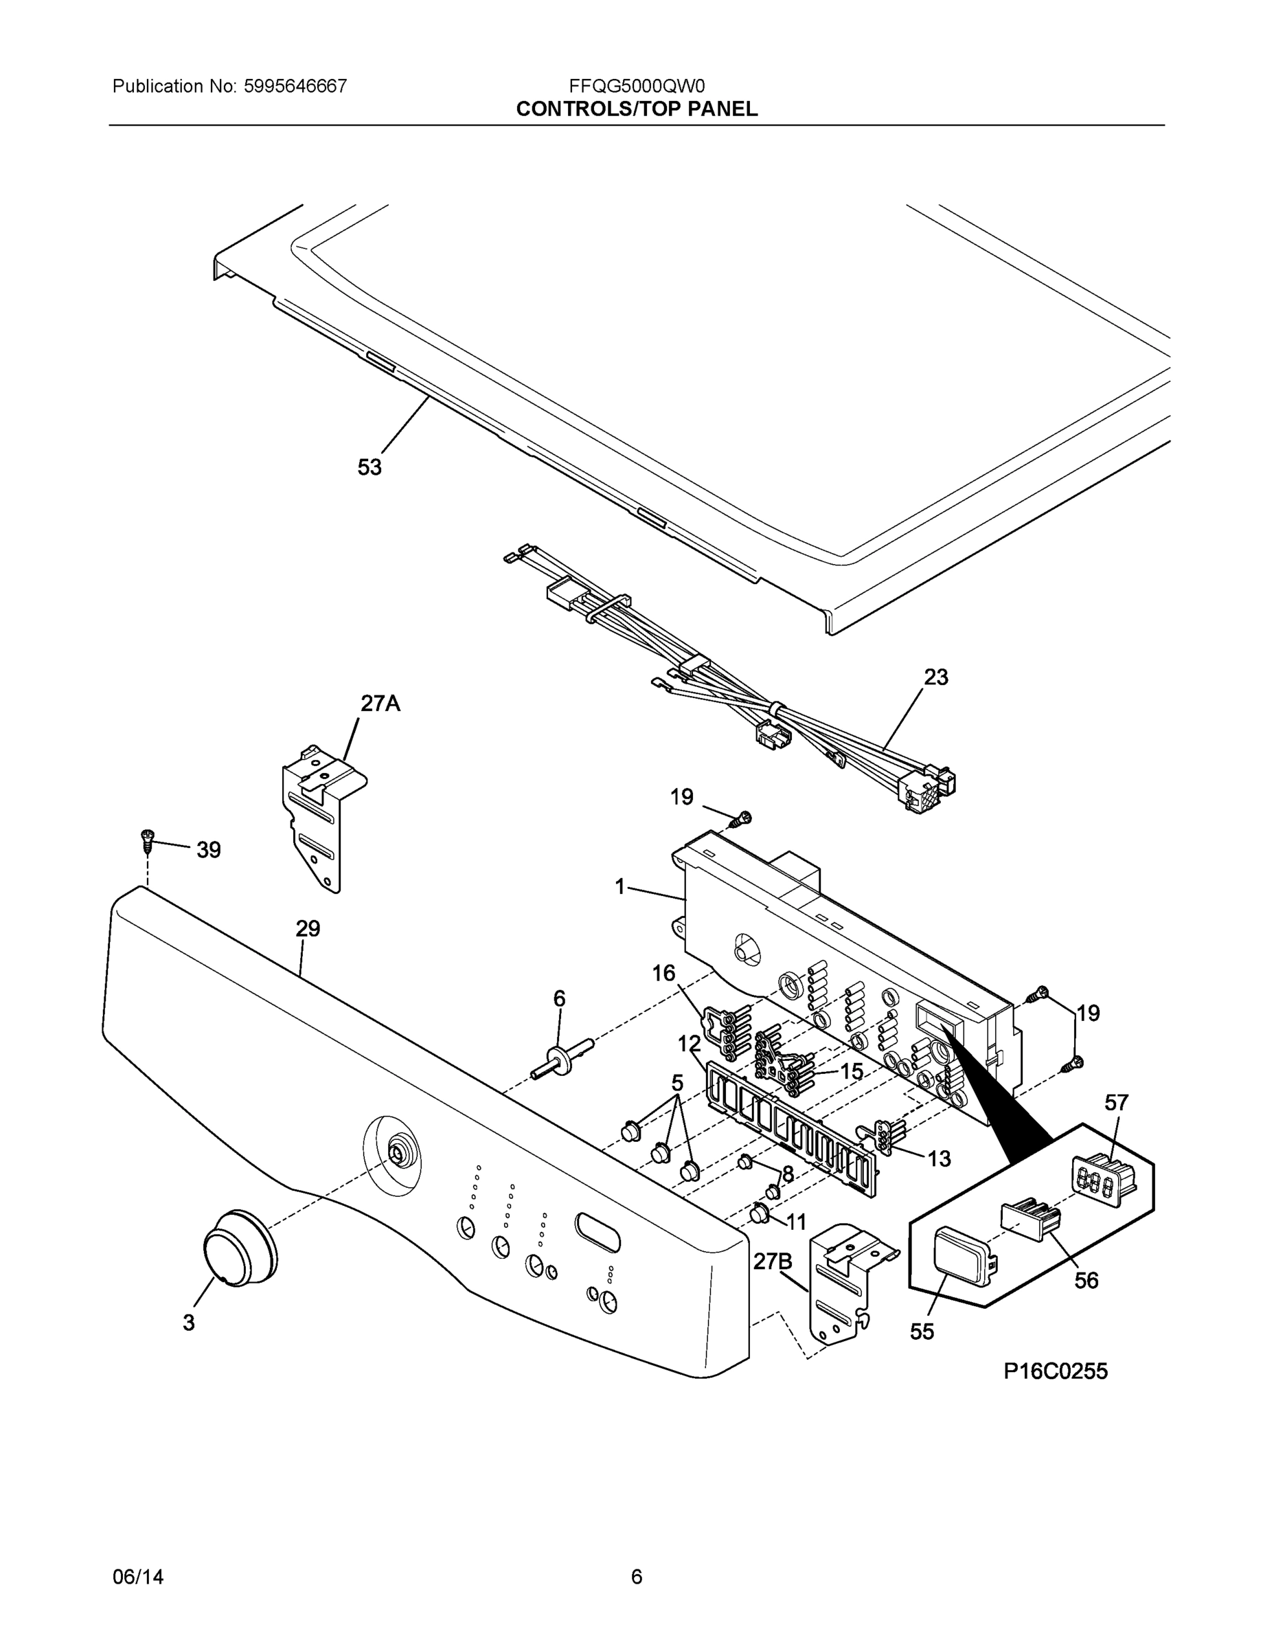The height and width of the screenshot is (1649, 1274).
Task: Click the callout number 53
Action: coord(369,467)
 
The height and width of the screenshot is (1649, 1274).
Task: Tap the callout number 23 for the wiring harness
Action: coord(935,677)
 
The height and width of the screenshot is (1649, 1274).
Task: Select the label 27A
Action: coord(380,704)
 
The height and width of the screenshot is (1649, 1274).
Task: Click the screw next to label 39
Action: coord(147,839)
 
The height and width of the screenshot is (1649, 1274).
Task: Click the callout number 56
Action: coord(1086,1280)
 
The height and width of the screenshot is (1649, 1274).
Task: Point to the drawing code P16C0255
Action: coord(1055,1371)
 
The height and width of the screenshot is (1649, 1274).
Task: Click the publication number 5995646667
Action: coord(295,86)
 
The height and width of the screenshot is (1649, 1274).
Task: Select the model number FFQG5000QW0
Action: coord(636,86)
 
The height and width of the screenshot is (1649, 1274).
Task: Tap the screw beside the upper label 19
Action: coord(743,817)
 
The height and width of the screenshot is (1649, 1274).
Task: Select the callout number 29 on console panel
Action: coord(308,928)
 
